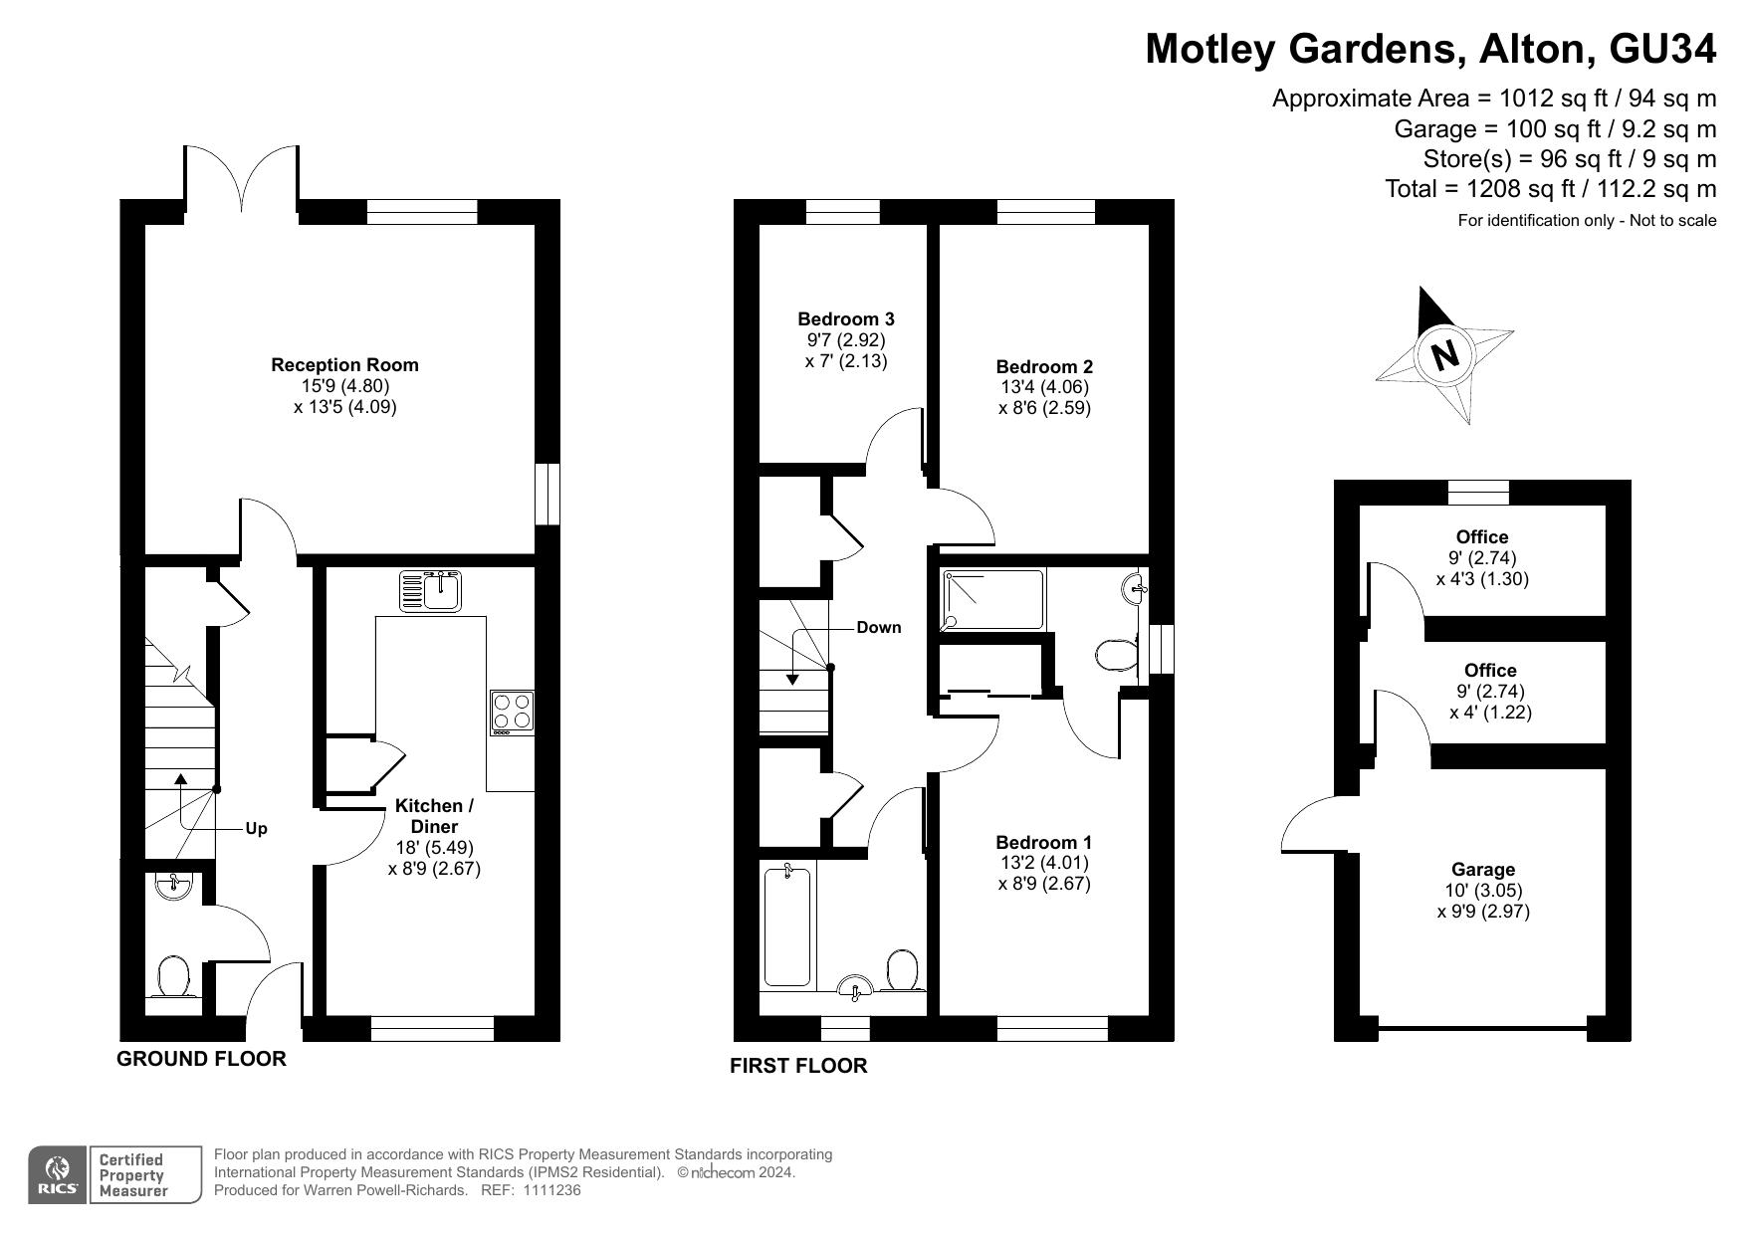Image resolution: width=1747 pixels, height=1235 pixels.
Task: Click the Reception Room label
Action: (x=344, y=365)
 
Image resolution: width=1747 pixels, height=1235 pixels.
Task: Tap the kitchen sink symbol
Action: (x=431, y=590)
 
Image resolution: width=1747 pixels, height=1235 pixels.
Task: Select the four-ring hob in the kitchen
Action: (x=512, y=712)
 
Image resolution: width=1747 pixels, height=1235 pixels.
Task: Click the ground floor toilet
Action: (x=174, y=976)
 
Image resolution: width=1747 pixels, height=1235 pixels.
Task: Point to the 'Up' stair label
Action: (x=256, y=828)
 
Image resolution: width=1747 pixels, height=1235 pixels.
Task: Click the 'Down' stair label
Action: (x=879, y=627)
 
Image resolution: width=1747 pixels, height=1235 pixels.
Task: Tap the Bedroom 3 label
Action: (x=846, y=319)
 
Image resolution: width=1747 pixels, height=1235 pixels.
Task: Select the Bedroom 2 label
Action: (x=1044, y=367)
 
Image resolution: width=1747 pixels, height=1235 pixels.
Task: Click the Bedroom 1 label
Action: (x=1044, y=843)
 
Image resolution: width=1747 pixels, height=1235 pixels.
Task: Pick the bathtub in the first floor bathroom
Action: (x=787, y=926)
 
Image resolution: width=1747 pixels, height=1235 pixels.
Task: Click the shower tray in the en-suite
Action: (x=993, y=600)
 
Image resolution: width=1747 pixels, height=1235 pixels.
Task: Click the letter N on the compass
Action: (x=1444, y=354)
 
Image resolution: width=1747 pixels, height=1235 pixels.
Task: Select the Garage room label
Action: (x=1483, y=870)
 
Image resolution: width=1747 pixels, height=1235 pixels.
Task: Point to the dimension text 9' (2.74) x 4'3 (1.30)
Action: (x=1482, y=568)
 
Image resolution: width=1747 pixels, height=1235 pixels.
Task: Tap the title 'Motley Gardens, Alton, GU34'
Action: (x=1430, y=48)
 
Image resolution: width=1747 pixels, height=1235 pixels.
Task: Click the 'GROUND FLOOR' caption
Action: (x=201, y=1059)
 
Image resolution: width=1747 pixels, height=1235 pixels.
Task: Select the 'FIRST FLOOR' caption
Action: (x=798, y=1066)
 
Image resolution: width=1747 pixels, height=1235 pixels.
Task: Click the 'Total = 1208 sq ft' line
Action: (x=1551, y=188)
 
